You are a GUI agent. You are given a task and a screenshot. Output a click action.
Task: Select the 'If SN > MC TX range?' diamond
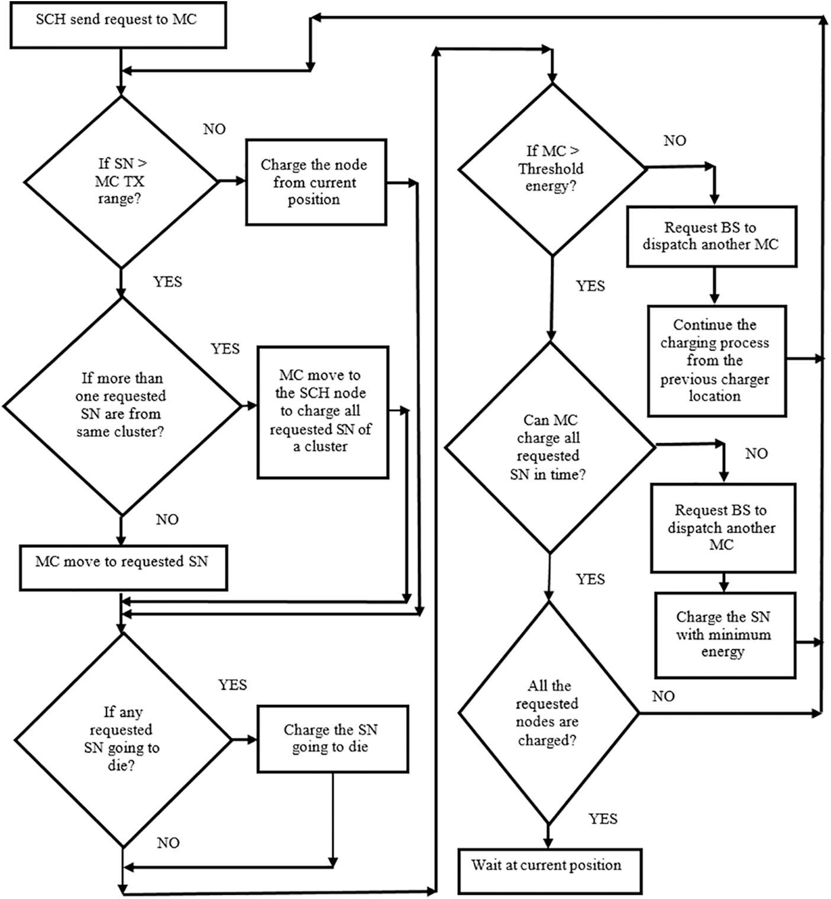(120, 181)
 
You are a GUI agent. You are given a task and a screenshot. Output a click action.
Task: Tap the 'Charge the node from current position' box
(316, 182)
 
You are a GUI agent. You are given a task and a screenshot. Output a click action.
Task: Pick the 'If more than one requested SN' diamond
(121, 406)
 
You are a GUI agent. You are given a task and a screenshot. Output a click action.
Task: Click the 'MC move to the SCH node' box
(322, 412)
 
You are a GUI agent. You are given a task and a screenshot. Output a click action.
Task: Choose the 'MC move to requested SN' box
(123, 568)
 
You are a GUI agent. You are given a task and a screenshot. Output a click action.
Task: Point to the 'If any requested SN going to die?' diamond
(122, 739)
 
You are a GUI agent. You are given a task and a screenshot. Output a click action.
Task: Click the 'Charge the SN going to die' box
(332, 739)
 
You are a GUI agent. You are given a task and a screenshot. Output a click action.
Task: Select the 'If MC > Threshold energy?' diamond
(551, 169)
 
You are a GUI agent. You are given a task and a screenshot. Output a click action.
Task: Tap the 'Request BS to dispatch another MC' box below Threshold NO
(712, 236)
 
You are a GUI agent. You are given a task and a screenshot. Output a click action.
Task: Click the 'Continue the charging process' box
(716, 361)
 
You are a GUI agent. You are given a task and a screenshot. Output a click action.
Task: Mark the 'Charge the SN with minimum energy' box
(725, 635)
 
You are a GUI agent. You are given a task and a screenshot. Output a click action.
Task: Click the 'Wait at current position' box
(549, 871)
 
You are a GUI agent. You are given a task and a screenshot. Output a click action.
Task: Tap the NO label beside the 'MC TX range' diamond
(214, 130)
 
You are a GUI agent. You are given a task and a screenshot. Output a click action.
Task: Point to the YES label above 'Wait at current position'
(603, 819)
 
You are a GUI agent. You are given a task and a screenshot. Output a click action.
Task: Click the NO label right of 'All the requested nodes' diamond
(663, 697)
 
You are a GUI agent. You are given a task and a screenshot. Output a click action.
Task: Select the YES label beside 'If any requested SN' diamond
(232, 685)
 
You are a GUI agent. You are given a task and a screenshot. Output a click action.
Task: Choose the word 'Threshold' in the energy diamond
(551, 169)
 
